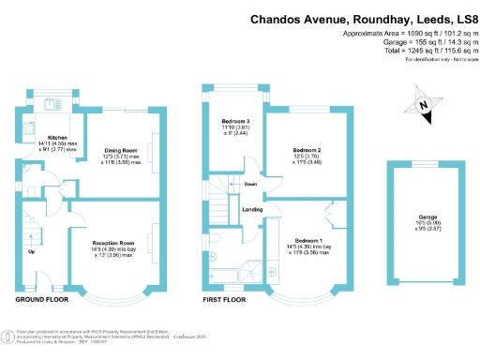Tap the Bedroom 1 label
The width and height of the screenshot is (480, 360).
coord(307,241)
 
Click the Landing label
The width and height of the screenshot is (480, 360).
coord(252,209)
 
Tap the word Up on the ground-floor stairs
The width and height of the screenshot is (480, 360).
coord(31,251)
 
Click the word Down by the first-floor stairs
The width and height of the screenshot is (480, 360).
coord(250,185)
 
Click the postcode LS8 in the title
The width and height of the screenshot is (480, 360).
coord(457,18)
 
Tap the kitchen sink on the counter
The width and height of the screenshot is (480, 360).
coord(29,128)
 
